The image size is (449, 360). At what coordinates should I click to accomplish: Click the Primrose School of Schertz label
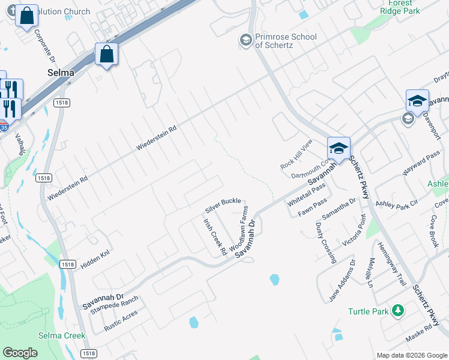286,40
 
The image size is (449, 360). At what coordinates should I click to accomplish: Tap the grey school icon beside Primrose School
245,40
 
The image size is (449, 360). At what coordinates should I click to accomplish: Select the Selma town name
61,73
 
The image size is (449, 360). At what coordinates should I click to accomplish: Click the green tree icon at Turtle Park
397,310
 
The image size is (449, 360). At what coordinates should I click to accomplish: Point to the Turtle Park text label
368,311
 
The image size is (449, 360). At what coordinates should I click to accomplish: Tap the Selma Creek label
62,335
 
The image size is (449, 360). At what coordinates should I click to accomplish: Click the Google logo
20,353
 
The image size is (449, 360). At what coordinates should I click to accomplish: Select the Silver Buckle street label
223,205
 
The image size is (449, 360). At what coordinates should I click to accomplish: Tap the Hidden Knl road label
95,257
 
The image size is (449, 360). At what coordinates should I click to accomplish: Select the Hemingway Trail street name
392,263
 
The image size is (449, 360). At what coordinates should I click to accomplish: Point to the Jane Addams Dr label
342,280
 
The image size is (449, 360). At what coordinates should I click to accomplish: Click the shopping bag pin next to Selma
106,55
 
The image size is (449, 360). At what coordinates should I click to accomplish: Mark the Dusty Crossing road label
325,242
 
